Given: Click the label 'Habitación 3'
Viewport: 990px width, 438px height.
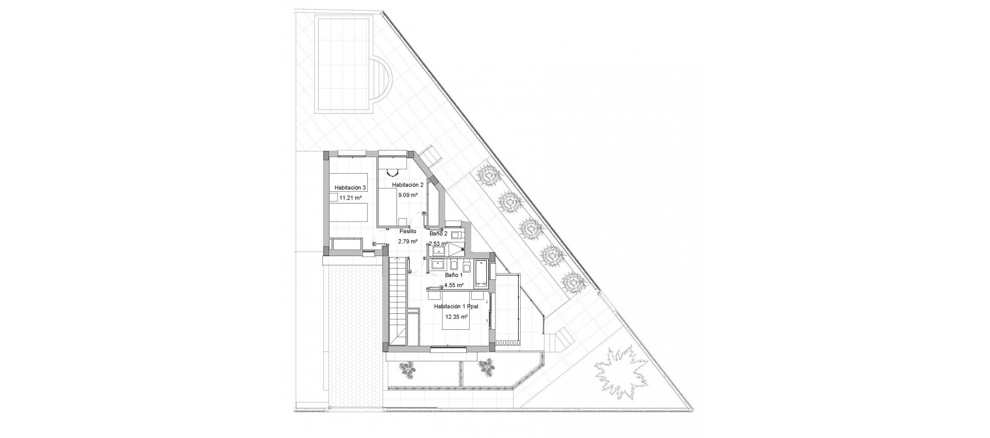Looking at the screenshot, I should (x=350, y=188).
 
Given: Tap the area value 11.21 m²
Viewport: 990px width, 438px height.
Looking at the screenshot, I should (x=350, y=197).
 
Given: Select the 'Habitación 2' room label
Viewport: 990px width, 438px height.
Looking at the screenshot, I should (x=407, y=185).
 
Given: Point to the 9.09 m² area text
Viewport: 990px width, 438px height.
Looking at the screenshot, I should (x=407, y=195).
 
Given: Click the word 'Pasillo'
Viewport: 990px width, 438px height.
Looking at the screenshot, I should (x=407, y=231).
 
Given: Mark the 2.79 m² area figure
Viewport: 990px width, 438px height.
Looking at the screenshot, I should (x=407, y=241).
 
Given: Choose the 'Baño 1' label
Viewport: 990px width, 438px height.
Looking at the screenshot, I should (x=454, y=275).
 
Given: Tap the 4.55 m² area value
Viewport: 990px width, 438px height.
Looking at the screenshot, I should (x=454, y=285).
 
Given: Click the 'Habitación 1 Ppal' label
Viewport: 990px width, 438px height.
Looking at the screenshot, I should (x=456, y=306).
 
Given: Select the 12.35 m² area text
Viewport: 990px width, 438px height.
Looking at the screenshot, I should (x=456, y=317).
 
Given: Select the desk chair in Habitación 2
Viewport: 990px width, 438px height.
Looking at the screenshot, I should (x=394, y=173).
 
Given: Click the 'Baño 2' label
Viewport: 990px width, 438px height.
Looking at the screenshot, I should (x=438, y=233).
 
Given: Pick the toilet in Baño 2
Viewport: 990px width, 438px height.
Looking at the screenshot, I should (x=457, y=235).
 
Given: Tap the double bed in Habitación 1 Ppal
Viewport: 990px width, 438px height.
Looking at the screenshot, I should (x=456, y=330).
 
